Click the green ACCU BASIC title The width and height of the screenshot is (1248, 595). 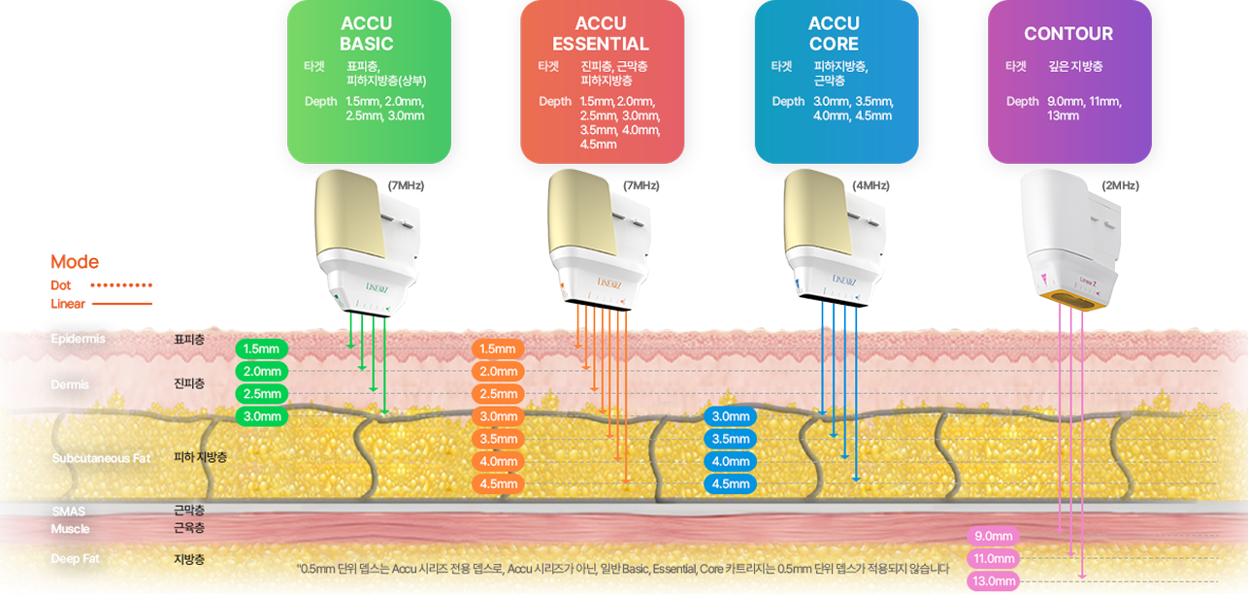[x=366, y=34]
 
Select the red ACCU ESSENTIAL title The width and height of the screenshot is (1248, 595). [x=601, y=34]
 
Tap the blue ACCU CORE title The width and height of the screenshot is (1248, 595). [x=834, y=34]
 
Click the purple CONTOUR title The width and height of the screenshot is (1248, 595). [x=1068, y=34]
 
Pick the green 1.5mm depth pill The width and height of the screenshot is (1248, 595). [x=262, y=348]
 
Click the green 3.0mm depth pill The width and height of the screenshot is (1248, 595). [x=262, y=417]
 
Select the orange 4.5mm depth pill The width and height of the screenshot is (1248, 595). [x=497, y=483]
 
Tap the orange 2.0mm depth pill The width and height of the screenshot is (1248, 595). [x=497, y=371]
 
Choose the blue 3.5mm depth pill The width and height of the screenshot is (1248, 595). [x=731, y=439]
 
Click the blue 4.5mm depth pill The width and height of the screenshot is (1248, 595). [x=731, y=483]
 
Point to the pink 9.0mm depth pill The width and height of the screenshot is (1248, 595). [x=993, y=536]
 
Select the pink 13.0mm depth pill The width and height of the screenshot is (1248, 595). [x=993, y=581]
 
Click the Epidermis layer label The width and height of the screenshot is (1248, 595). [x=78, y=339]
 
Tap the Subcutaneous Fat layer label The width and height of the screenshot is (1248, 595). [x=101, y=458]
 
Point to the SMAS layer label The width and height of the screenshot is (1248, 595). [x=68, y=512]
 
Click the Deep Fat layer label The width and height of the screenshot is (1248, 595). [x=76, y=559]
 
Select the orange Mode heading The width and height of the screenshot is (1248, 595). [x=74, y=262]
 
